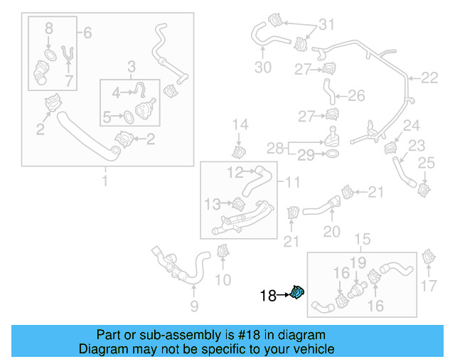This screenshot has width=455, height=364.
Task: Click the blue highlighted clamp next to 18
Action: coord(298,291)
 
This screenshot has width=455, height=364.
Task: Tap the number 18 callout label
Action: coord(268,296)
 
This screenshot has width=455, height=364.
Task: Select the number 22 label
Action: coord(429,78)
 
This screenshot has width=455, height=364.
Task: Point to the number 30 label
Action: coord(263,68)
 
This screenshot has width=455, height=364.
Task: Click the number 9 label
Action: coord(193,307)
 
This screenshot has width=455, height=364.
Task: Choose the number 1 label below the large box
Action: coord(105,182)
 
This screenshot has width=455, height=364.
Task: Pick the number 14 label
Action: coord(240,125)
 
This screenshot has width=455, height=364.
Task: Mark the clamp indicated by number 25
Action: coord(424,190)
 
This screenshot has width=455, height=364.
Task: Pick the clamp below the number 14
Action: coord(240,152)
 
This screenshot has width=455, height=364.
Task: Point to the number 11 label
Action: coord(292,182)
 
